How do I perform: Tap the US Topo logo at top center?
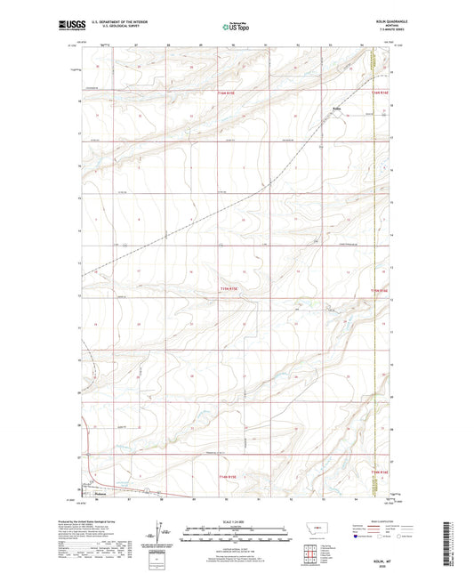coord(234,28)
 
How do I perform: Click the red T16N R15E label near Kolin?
coord(229,92)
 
